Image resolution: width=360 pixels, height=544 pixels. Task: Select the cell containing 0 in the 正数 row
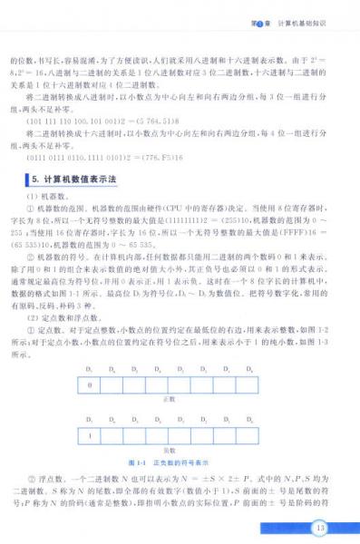click(90, 384)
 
